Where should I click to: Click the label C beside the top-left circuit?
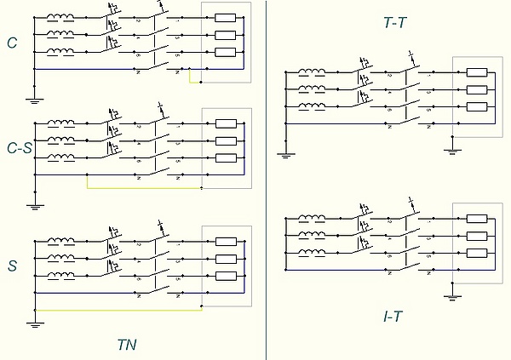point(12,42)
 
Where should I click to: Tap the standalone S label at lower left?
point(13,266)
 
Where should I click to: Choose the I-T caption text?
point(393,317)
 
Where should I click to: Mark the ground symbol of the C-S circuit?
point(35,205)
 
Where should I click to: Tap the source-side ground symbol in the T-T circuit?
point(284,154)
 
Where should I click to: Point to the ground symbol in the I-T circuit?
point(451,296)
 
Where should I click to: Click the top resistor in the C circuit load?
point(225,18)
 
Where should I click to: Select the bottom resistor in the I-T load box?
point(476,254)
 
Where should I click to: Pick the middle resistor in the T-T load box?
point(476,89)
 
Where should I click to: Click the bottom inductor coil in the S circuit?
point(60,276)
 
